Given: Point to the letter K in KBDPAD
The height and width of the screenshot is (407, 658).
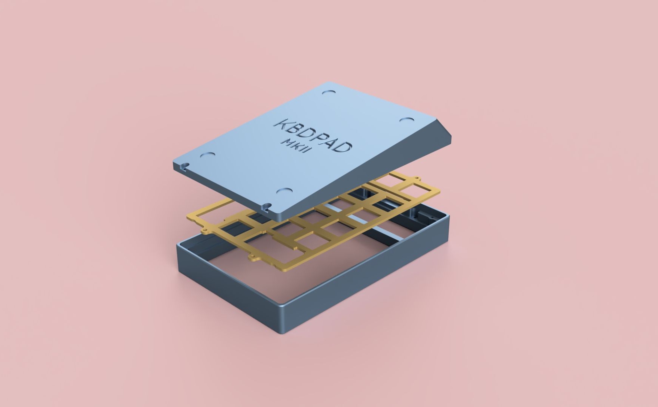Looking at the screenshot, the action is click(283, 124).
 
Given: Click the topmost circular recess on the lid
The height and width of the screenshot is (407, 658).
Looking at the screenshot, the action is click(329, 93).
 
